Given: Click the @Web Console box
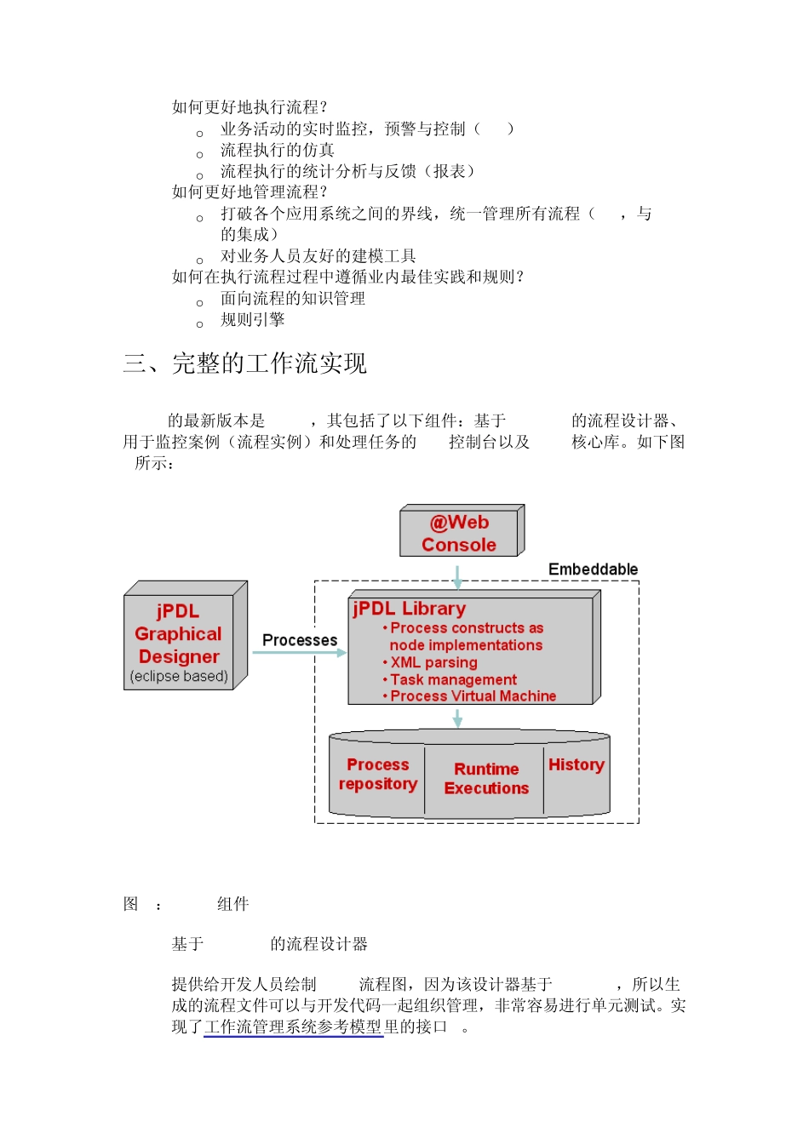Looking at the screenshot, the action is click(459, 534).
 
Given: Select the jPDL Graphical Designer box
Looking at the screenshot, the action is click(179, 635).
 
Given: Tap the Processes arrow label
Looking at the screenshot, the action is click(300, 640).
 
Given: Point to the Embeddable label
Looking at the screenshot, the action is click(593, 569).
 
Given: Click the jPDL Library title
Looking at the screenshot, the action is click(410, 609).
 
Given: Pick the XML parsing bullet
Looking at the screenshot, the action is click(433, 662).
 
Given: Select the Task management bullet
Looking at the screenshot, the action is click(453, 679).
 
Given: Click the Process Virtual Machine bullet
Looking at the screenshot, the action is click(473, 696).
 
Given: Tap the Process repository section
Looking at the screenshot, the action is click(378, 775).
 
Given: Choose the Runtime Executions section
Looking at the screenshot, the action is click(486, 779).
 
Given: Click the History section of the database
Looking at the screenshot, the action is click(577, 765).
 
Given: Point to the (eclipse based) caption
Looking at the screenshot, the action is click(179, 677).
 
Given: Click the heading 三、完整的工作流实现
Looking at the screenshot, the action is click(245, 364).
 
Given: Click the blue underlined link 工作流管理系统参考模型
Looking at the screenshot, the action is click(294, 1027).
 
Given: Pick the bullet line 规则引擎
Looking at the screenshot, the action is click(253, 320).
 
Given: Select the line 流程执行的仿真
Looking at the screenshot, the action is click(278, 151).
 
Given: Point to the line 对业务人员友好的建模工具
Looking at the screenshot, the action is click(318, 256).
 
